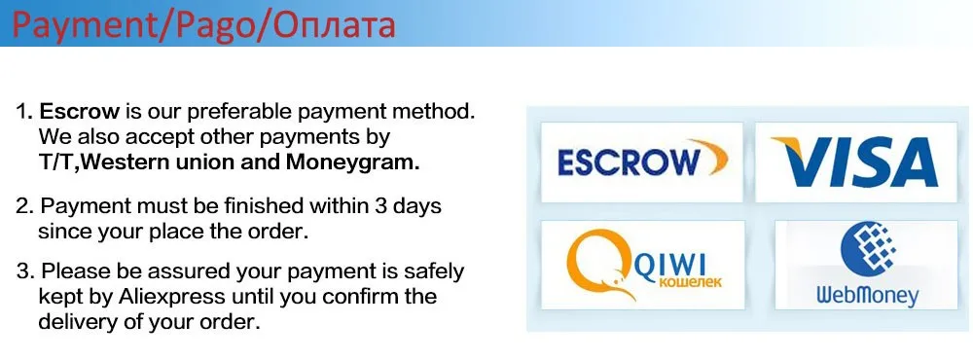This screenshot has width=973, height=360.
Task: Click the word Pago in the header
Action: (207, 24)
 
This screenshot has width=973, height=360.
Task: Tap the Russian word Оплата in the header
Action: (327, 24)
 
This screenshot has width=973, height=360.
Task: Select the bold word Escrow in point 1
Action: (72, 111)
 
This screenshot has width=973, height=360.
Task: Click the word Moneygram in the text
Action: (362, 162)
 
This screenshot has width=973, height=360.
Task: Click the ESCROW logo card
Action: (641, 162)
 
